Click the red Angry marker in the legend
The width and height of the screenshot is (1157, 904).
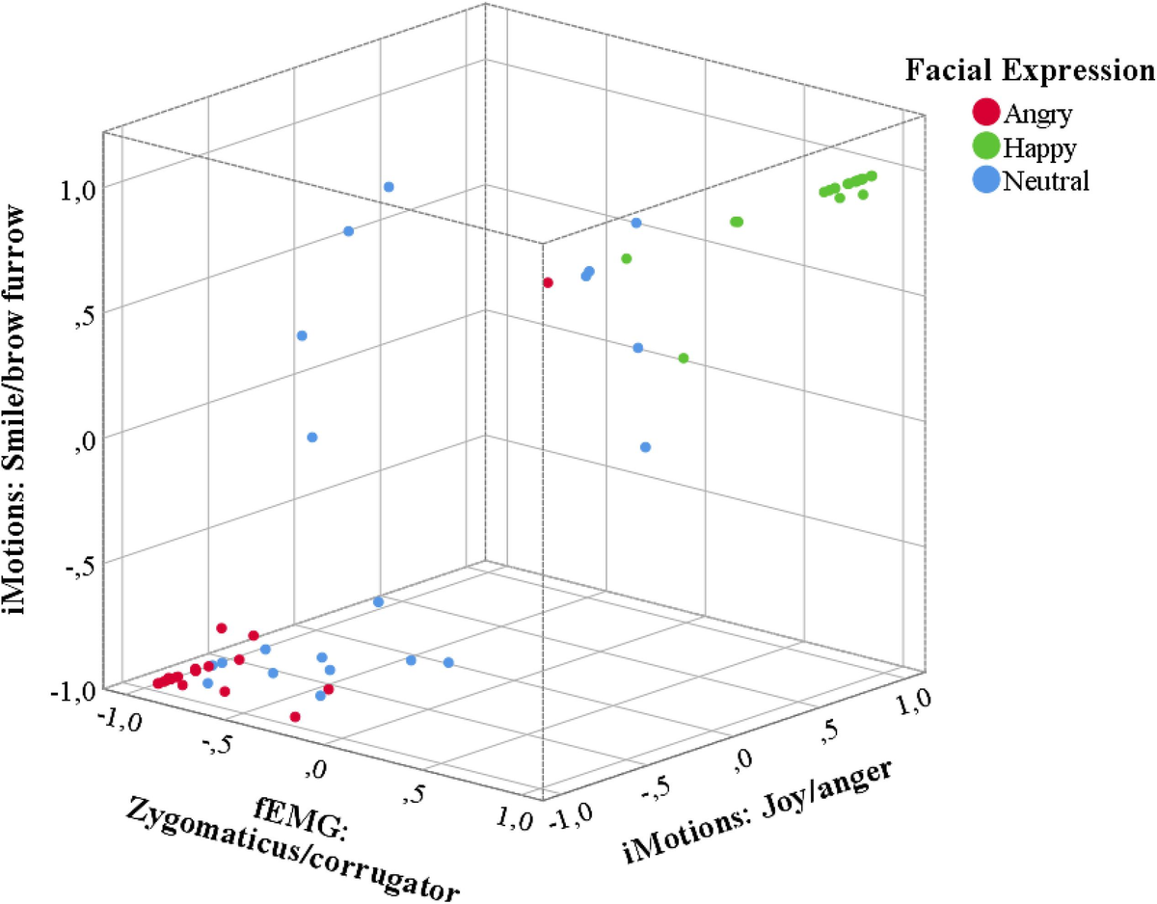coord(985,113)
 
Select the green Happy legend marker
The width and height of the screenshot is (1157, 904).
coord(985,146)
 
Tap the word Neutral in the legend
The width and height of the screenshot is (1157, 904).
coord(1046,180)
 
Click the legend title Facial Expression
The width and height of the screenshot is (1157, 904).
coord(1030,70)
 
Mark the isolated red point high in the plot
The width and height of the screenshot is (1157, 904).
coord(548,282)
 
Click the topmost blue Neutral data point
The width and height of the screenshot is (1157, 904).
coord(389,187)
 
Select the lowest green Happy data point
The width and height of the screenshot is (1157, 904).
coord(684,359)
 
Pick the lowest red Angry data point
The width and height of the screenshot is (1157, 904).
coord(295,717)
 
